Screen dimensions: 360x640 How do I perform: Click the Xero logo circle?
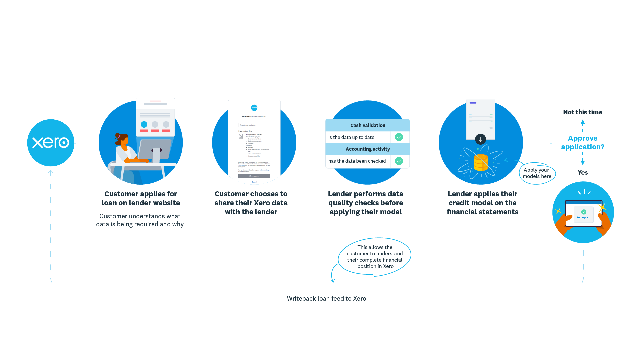[51, 143]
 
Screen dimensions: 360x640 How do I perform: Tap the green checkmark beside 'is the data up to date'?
[399, 137]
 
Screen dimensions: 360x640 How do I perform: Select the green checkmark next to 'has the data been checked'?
[399, 161]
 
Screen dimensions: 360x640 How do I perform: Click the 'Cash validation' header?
[368, 125]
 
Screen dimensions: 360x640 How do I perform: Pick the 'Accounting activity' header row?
[368, 149]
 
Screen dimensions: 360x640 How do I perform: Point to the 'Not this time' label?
[582, 112]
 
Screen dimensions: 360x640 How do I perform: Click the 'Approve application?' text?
[582, 143]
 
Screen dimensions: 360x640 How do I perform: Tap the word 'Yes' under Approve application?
[582, 172]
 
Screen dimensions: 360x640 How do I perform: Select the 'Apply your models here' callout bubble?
[537, 173]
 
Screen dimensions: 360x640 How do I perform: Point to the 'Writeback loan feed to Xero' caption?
[326, 299]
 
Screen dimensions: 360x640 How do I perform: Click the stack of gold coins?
[481, 163]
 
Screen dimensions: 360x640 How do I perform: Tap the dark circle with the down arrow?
[480, 139]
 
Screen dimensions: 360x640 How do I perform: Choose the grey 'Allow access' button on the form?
[254, 176]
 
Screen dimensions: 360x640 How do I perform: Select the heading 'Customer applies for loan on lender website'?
[141, 198]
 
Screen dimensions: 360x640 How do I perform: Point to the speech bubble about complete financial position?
[375, 257]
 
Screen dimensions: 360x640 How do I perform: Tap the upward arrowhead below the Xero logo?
[51, 172]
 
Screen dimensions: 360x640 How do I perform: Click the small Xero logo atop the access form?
[254, 108]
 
